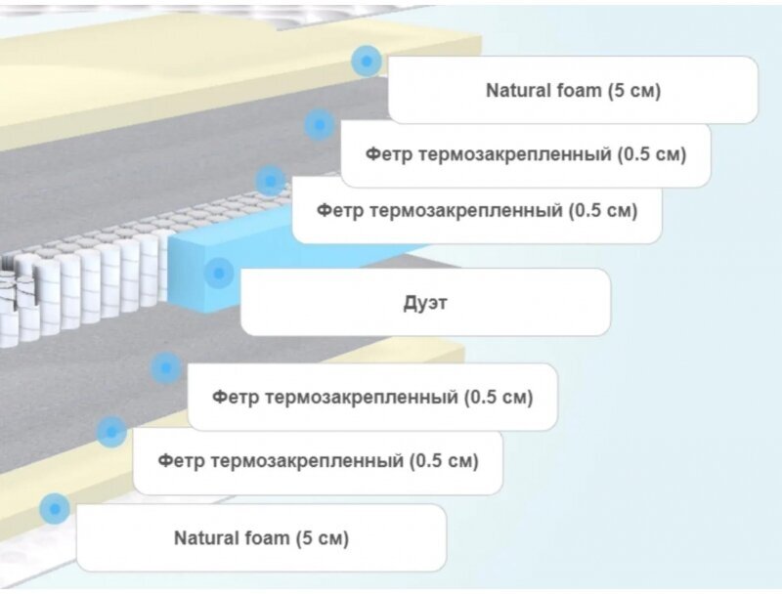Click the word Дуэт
point(425,303)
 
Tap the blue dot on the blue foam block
point(219,272)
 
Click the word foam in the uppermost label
point(573,91)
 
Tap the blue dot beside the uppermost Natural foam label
point(366,62)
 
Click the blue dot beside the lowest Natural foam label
point(55,508)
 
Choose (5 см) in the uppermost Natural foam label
point(634,91)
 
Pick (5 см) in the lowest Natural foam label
point(322,537)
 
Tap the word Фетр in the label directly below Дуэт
point(234,398)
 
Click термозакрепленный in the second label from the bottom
point(309,459)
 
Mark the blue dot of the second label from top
point(319,124)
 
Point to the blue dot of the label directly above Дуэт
point(271,180)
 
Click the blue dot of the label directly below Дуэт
point(166,368)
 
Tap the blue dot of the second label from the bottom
point(111,431)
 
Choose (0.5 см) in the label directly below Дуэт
point(499,398)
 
